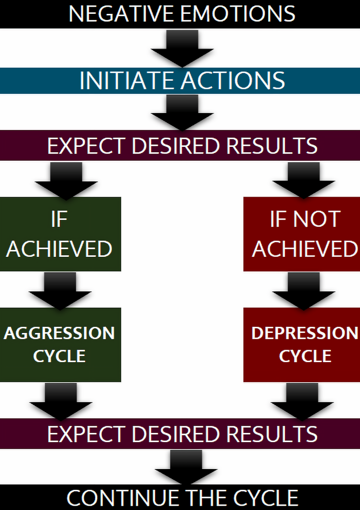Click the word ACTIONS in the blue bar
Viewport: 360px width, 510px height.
click(234, 81)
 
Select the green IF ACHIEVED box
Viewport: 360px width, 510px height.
click(60, 234)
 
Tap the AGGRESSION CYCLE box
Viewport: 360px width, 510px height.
click(60, 344)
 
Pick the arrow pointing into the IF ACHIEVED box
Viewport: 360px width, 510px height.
click(66, 180)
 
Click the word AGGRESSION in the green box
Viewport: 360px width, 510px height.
click(59, 333)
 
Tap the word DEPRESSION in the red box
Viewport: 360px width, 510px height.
click(305, 333)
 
